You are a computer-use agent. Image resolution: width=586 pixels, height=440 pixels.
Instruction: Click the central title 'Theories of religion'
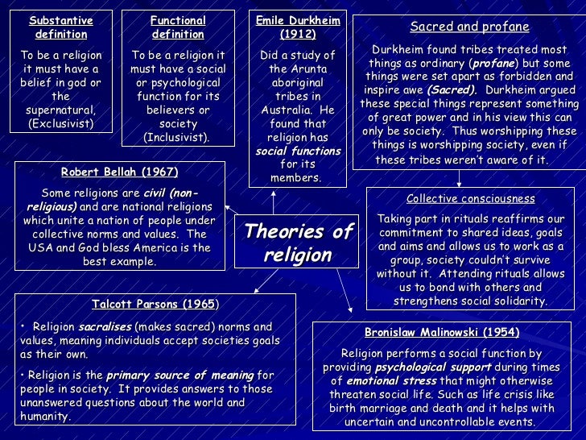(298, 243)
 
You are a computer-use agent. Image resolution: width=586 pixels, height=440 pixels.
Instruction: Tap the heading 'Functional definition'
(178, 27)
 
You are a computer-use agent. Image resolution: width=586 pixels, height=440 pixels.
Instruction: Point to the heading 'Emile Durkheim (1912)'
(297, 27)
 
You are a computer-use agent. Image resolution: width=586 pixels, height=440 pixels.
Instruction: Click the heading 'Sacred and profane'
(469, 27)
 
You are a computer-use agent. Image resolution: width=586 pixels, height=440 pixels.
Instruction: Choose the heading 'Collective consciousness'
(470, 198)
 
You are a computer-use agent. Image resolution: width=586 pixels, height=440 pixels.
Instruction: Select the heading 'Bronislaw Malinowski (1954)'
(442, 332)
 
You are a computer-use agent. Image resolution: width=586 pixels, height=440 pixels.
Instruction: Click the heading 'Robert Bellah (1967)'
(119, 172)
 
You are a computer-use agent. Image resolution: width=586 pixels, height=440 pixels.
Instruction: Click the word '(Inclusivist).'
(177, 138)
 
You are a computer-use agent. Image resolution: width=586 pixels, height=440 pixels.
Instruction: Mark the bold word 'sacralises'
(104, 327)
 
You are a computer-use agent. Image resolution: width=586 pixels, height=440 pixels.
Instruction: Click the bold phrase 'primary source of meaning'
(180, 375)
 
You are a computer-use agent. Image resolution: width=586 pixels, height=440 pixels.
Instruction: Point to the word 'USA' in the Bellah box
(38, 247)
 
